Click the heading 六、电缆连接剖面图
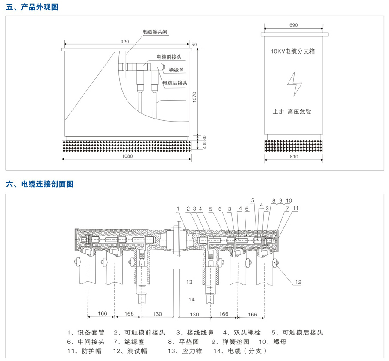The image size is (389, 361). click(x=40, y=184)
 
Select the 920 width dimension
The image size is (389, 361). click(x=124, y=42)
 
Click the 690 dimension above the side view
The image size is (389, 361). click(x=293, y=25)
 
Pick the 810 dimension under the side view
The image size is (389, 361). click(x=293, y=157)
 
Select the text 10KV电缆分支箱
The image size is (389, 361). click(x=293, y=51)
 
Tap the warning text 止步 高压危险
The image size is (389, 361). click(x=292, y=112)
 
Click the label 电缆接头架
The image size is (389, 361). click(x=156, y=32)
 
